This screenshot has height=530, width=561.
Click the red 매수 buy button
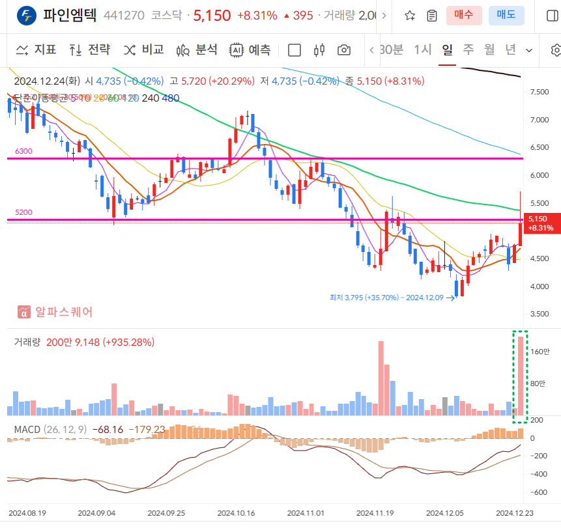pyautogui.click(x=464, y=15)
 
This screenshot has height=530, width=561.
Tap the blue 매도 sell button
pyautogui.click(x=506, y=15)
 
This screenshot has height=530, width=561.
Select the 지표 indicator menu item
pyautogui.click(x=36, y=49)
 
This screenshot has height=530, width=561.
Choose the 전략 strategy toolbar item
pyautogui.click(x=90, y=49)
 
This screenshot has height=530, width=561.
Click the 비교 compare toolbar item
pyautogui.click(x=144, y=49)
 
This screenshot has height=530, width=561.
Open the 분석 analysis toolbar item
pyautogui.click(x=197, y=49)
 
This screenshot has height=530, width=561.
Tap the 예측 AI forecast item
pyautogui.click(x=250, y=49)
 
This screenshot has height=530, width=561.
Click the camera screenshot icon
pyautogui.click(x=344, y=50)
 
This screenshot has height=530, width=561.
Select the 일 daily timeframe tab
pyautogui.click(x=447, y=49)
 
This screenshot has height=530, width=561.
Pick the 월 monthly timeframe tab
pyautogui.click(x=489, y=49)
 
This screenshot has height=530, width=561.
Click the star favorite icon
pyautogui.click(x=410, y=15)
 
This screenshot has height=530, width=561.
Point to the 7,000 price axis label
pyautogui.click(x=539, y=120)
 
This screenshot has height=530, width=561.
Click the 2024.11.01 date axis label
pyautogui.click(x=306, y=513)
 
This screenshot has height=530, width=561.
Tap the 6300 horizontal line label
pyautogui.click(x=23, y=151)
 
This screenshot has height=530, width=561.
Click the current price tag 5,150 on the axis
pyautogui.click(x=539, y=223)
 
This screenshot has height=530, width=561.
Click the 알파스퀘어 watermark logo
pyautogui.click(x=56, y=312)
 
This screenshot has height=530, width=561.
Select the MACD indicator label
pyautogui.click(x=27, y=430)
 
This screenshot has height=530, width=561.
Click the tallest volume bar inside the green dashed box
pyautogui.click(x=521, y=374)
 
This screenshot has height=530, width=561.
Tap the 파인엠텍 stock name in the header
pyautogui.click(x=70, y=15)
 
